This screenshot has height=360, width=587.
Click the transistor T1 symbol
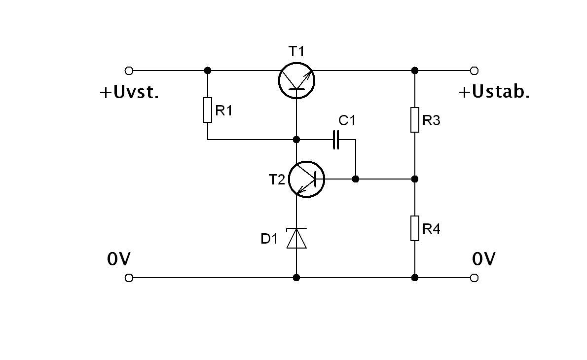pyautogui.click(x=296, y=79)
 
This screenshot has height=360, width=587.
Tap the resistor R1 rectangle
pyautogui.click(x=208, y=110)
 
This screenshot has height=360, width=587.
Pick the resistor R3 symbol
pyautogui.click(x=415, y=120)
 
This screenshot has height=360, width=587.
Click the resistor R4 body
pyautogui.click(x=415, y=228)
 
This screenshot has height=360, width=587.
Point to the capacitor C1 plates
pyautogui.click(x=336, y=140)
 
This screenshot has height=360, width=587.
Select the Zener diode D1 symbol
pyautogui.click(x=296, y=238)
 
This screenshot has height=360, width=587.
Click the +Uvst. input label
pyautogui.click(x=130, y=93)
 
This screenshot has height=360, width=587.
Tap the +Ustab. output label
pyautogui.click(x=494, y=92)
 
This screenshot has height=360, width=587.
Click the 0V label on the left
pyautogui.click(x=118, y=259)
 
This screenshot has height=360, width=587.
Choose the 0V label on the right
pyautogui.click(x=484, y=259)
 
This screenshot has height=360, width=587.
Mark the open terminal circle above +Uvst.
pyautogui.click(x=129, y=70)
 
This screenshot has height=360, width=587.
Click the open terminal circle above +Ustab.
pyautogui.click(x=475, y=70)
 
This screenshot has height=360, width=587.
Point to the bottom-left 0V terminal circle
pyautogui.click(x=129, y=278)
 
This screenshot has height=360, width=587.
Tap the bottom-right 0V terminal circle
pyautogui.click(x=475, y=278)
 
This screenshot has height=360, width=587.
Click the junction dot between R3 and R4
pyautogui.click(x=415, y=179)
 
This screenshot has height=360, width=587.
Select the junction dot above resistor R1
pyautogui.click(x=208, y=70)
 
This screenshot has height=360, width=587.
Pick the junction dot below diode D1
pyautogui.click(x=296, y=278)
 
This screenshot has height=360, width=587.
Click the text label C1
pyautogui.click(x=347, y=121)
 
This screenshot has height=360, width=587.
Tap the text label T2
pyautogui.click(x=277, y=180)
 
